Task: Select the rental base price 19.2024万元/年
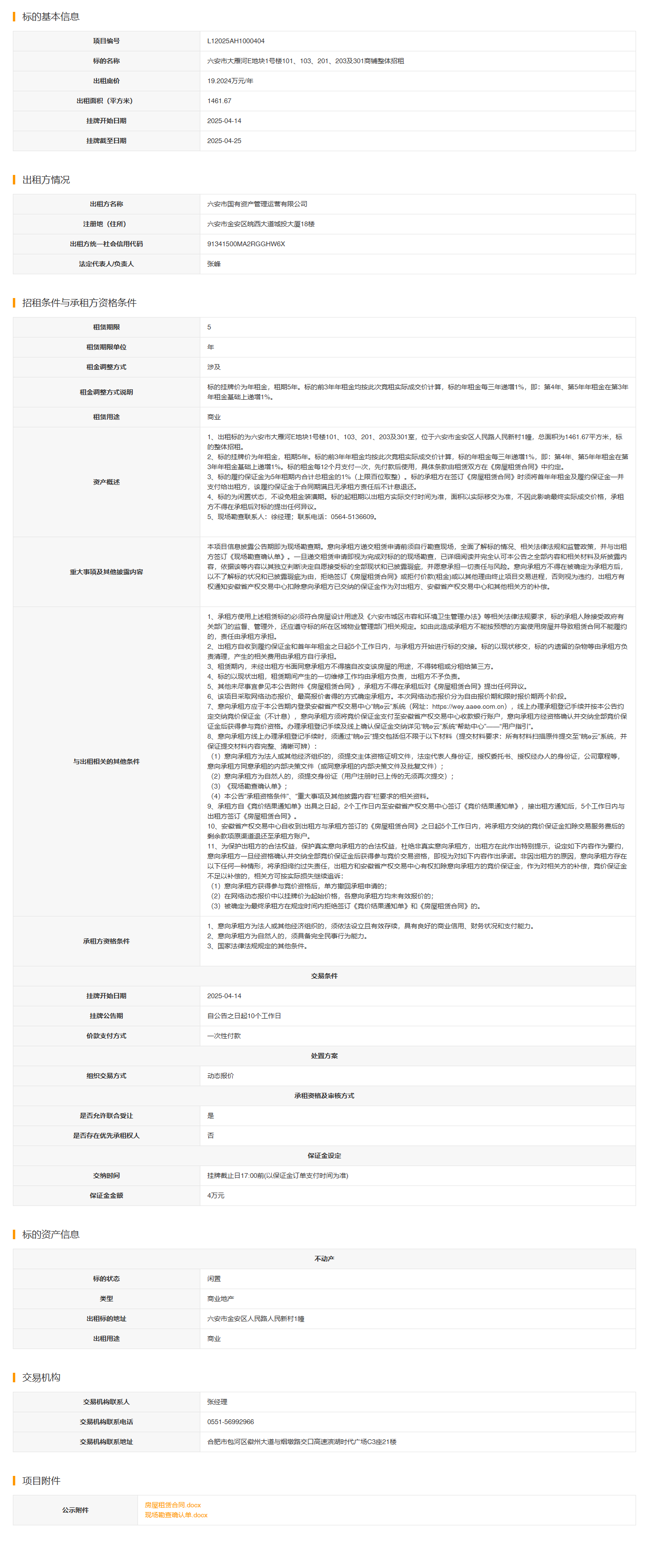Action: pyautogui.click(x=230, y=81)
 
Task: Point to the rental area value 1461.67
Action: pyautogui.click(x=219, y=101)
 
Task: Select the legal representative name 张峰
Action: pyautogui.click(x=214, y=264)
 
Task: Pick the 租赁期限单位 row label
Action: pyautogui.click(x=106, y=347)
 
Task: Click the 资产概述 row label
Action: pyautogui.click(x=106, y=482)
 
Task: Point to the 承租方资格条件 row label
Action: pyautogui.click(x=106, y=941)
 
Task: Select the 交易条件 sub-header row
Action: pyautogui.click(x=324, y=975)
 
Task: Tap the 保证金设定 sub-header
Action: pyautogui.click(x=324, y=1156)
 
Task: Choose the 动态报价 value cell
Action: pyautogui.click(x=220, y=1076)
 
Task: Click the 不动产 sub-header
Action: pyautogui.click(x=324, y=1259)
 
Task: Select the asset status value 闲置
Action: pyautogui.click(x=214, y=1279)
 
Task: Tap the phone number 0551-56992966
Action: pyautogui.click(x=230, y=1422)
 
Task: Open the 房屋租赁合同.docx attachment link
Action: pyautogui.click(x=173, y=1504)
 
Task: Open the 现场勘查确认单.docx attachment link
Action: pyautogui.click(x=176, y=1515)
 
